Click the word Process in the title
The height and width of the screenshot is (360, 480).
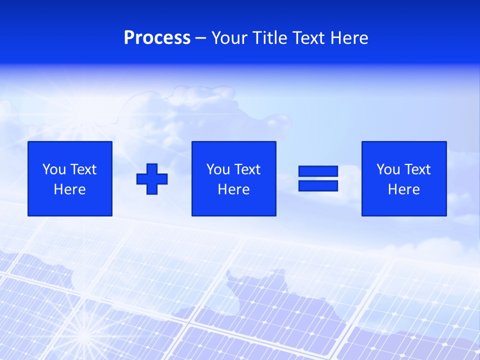(157, 38)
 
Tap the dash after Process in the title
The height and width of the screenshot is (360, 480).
(201, 38)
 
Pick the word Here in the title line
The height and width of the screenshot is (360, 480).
(349, 38)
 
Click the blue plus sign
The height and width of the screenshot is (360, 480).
(152, 179)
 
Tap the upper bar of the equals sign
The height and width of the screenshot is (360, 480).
(318, 171)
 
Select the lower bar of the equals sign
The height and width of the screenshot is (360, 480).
(318, 186)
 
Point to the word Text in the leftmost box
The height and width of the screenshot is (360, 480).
(83, 169)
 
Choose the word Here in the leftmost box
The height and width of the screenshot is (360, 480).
(70, 189)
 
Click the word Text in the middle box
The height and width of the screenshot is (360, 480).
(247, 169)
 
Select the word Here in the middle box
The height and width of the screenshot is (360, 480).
(234, 189)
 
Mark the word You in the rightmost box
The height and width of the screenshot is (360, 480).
(388, 169)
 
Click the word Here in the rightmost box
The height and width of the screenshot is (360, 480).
(404, 189)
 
